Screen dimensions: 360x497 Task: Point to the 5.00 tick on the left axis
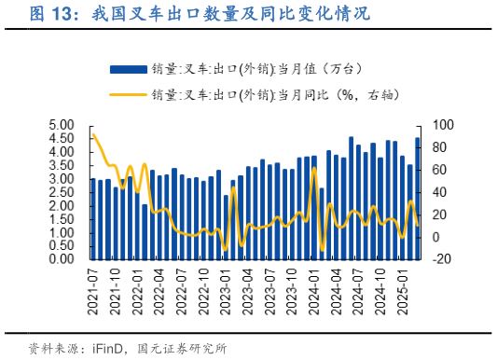pyautogui.click(x=61, y=125)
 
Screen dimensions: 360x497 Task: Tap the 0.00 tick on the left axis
pyautogui.click(x=61, y=259)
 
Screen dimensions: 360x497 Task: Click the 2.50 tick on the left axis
pyautogui.click(x=61, y=192)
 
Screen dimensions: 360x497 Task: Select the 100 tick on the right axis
pyautogui.click(x=441, y=125)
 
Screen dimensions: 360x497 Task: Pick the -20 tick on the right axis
pyautogui.click(x=439, y=259)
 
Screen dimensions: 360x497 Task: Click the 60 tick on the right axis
pyautogui.click(x=438, y=170)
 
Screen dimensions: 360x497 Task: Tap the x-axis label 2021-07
pyautogui.click(x=92, y=287)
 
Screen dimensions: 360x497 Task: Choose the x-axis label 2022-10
pyautogui.click(x=203, y=287)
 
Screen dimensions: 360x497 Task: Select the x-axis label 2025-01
pyautogui.click(x=403, y=287)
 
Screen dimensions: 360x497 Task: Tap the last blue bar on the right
pyautogui.click(x=417, y=198)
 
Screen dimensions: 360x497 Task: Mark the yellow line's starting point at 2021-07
pyautogui.click(x=92, y=133)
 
